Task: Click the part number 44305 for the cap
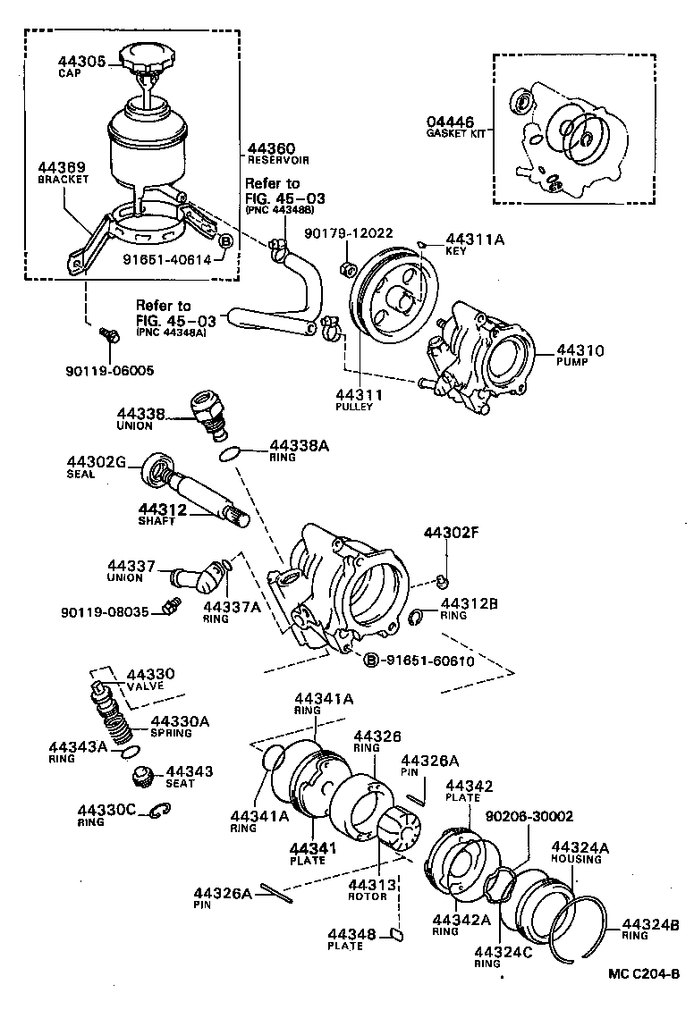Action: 82,62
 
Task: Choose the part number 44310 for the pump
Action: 580,350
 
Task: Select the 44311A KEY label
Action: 477,239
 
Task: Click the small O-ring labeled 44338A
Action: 230,455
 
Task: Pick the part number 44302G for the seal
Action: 97,461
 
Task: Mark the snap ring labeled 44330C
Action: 160,811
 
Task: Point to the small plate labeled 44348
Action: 397,936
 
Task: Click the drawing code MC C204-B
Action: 644,973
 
